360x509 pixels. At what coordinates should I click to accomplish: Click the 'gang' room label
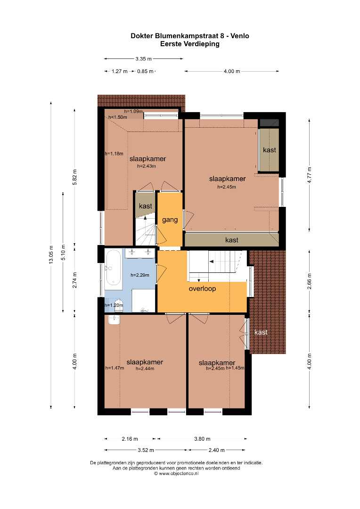pos(170,220)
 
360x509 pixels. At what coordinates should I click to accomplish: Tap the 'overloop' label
pos(202,288)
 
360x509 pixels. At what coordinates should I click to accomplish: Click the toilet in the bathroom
pos(118,307)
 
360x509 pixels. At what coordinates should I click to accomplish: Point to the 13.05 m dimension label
pos(51,254)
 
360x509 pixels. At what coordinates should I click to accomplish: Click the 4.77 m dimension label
pos(310,175)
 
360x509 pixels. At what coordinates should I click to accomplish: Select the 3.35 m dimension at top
pos(143,59)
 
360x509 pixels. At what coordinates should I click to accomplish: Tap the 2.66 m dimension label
pos(310,281)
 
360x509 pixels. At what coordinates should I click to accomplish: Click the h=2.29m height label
pos(140,275)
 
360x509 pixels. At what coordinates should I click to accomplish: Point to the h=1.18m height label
pos(114,154)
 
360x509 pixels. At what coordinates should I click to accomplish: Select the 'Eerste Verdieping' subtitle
pos(190,44)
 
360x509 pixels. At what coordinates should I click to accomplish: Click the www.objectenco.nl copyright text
pos(176,473)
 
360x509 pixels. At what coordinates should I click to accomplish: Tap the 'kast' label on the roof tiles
pos(261,332)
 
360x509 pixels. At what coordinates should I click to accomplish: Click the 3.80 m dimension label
pos(202,439)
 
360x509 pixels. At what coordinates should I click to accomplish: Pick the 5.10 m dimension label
pos(63,252)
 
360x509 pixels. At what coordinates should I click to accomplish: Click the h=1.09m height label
pos(133,111)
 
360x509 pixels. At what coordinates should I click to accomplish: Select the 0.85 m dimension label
pos(145,71)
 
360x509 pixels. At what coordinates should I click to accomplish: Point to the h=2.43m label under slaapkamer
pos(147,166)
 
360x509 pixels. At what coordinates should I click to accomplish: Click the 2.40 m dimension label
pos(217,450)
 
